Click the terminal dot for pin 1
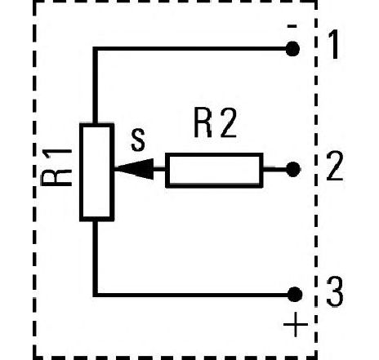coord(292,49)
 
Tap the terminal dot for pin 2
coord(293,169)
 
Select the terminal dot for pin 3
coord(295,295)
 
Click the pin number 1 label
coord(334,44)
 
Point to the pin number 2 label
coord(335,166)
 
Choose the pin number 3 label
coord(335,291)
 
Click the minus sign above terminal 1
coord(292,26)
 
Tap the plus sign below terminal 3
coord(296,324)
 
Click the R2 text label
coord(215,123)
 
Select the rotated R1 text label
coord(56,167)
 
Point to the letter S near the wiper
coord(138,140)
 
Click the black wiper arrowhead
coord(134,169)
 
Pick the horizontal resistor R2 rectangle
coord(214,171)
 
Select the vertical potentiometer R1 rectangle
coord(97,172)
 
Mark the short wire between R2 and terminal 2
coord(275,169)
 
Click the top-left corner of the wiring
coord(95,49)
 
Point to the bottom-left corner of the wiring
coord(95,295)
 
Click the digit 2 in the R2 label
coord(228,123)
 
